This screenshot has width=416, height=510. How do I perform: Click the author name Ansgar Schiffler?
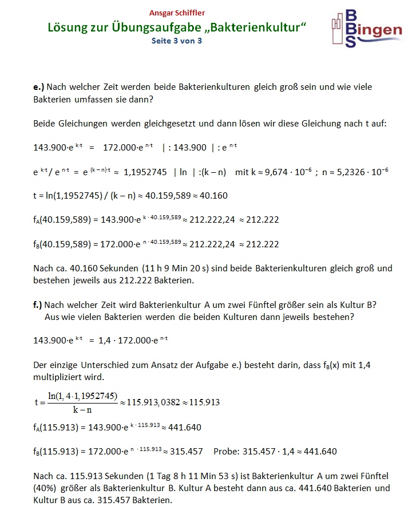[x=177, y=13]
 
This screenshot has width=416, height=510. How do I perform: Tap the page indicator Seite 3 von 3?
[x=177, y=41]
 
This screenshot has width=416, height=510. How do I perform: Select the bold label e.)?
[x=38, y=88]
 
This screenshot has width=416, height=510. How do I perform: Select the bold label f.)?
[x=38, y=305]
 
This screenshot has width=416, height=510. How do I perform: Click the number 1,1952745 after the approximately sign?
[x=145, y=172]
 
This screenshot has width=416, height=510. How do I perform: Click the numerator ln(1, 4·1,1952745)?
[x=83, y=396]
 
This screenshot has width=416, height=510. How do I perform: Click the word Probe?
[x=226, y=451]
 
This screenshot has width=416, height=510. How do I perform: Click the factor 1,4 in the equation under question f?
[x=106, y=341]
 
